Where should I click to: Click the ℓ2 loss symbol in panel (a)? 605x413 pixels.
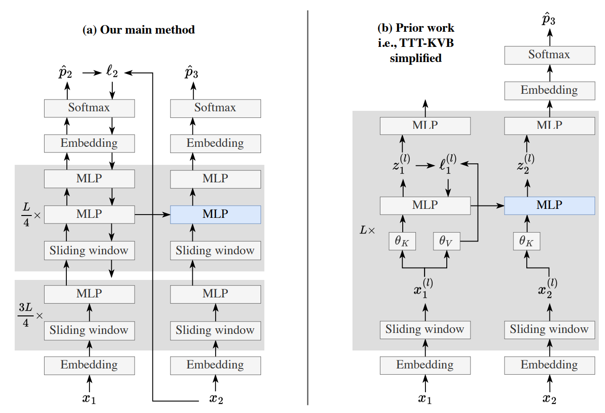click(x=112, y=73)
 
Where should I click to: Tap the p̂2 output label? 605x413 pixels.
click(x=66, y=73)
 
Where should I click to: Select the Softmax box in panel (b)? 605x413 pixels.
click(x=549, y=55)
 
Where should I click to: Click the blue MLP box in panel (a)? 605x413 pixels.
click(x=215, y=215)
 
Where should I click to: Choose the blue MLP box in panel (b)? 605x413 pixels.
click(x=549, y=205)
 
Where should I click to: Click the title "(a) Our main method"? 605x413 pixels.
click(x=138, y=30)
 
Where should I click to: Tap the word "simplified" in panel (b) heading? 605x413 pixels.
click(x=415, y=58)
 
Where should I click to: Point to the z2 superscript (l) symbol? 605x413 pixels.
click(x=526, y=165)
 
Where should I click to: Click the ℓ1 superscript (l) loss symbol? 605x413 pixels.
click(x=446, y=165)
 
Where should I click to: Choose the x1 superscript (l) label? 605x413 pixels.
click(x=424, y=287)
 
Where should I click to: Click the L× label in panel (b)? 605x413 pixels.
click(x=368, y=231)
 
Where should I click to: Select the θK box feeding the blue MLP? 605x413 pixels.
click(x=526, y=242)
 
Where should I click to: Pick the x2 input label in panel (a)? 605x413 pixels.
click(x=216, y=399)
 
